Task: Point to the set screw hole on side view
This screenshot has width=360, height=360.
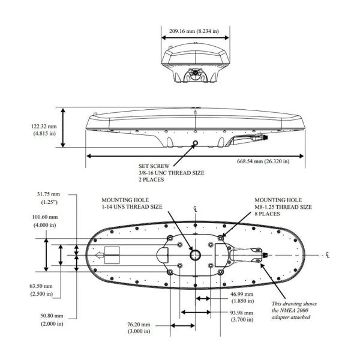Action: coord(195,142)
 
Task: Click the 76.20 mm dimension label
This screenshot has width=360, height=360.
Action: coord(139,326)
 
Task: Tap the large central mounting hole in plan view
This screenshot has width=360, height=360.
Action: coord(196,254)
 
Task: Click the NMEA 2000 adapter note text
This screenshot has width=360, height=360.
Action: coord(294,313)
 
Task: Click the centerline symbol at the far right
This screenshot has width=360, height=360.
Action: coord(325,255)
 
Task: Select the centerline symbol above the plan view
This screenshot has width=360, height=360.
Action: coord(196,208)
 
